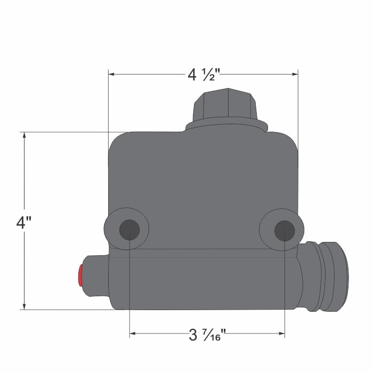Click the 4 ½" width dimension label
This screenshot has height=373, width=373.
point(202,75)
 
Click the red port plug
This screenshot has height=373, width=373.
point(80,275)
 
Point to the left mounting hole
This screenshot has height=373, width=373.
point(129,230)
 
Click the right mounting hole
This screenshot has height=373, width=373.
point(285,230)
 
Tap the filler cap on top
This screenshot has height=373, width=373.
point(226,104)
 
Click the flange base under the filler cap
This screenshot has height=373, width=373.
point(226,126)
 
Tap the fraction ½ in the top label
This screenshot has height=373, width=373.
point(207,75)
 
